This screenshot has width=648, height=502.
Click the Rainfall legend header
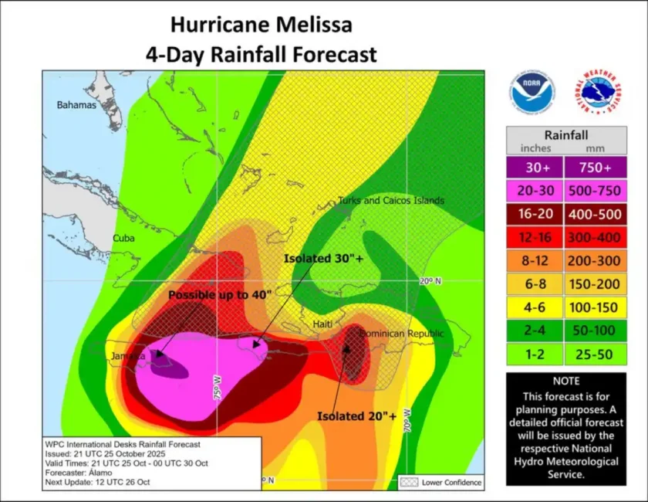(566, 134)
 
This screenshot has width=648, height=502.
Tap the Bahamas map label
(76, 105)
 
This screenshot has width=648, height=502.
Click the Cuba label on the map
(123, 238)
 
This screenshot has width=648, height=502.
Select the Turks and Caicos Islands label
(391, 201)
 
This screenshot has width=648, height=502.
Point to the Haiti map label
(322, 325)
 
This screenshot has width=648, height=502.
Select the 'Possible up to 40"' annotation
(220, 295)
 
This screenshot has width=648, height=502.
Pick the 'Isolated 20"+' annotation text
(356, 416)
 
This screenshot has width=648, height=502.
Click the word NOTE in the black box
(566, 381)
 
